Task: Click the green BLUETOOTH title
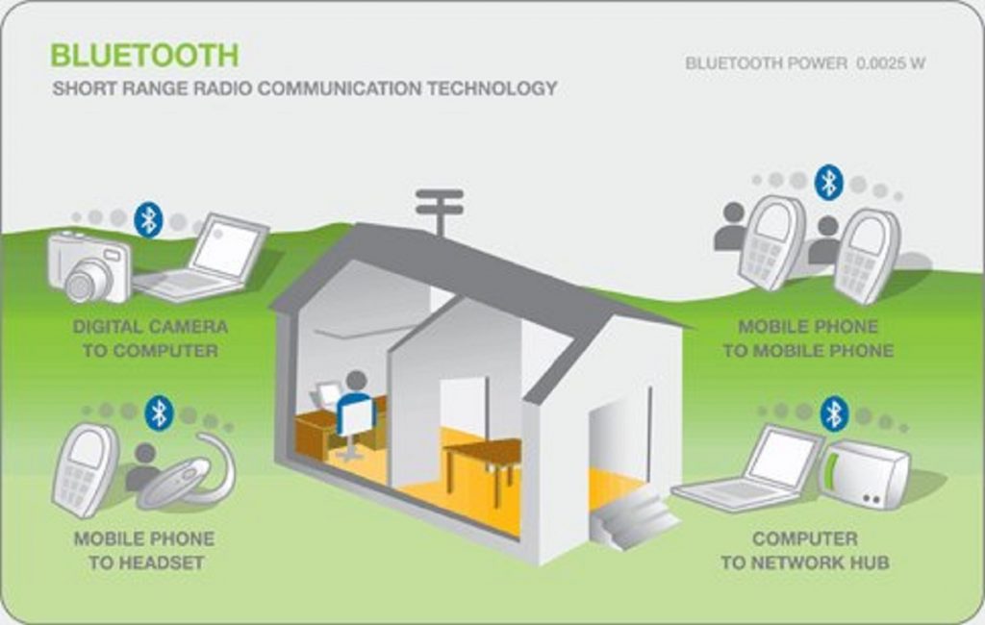coord(144,55)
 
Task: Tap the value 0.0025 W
coord(891,63)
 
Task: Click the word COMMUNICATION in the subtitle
coord(340,87)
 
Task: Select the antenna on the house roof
coord(440,211)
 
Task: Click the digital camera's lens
coord(88,280)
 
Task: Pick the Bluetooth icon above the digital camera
coord(148,220)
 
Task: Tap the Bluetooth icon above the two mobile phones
coord(828,183)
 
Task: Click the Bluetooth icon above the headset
coord(160,413)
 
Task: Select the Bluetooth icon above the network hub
coord(834,413)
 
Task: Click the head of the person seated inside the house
coord(356,381)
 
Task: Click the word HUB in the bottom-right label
coord(870,562)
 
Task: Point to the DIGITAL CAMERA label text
coord(151,327)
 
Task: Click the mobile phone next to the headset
coord(85,470)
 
